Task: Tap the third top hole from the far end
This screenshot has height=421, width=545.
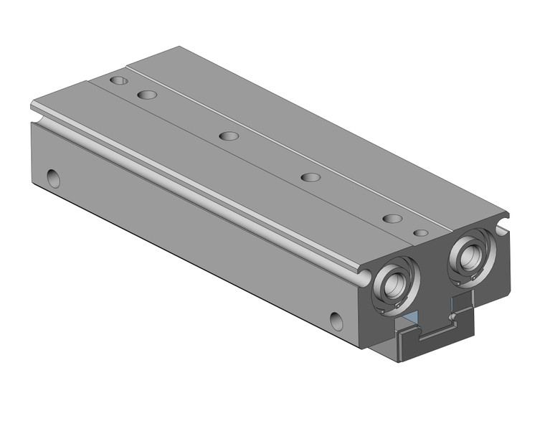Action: point(229,136)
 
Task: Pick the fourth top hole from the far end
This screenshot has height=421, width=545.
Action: point(310,177)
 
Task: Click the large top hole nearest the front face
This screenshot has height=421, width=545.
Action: point(391,219)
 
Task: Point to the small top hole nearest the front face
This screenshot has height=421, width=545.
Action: point(422,233)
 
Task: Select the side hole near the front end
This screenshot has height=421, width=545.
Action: point(336,319)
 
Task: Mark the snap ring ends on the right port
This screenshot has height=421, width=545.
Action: point(474,277)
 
